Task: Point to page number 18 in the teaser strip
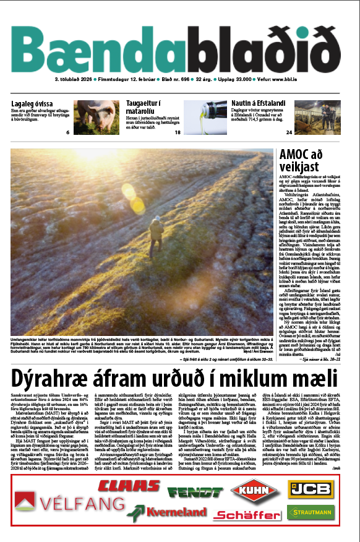(x=178, y=132)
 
